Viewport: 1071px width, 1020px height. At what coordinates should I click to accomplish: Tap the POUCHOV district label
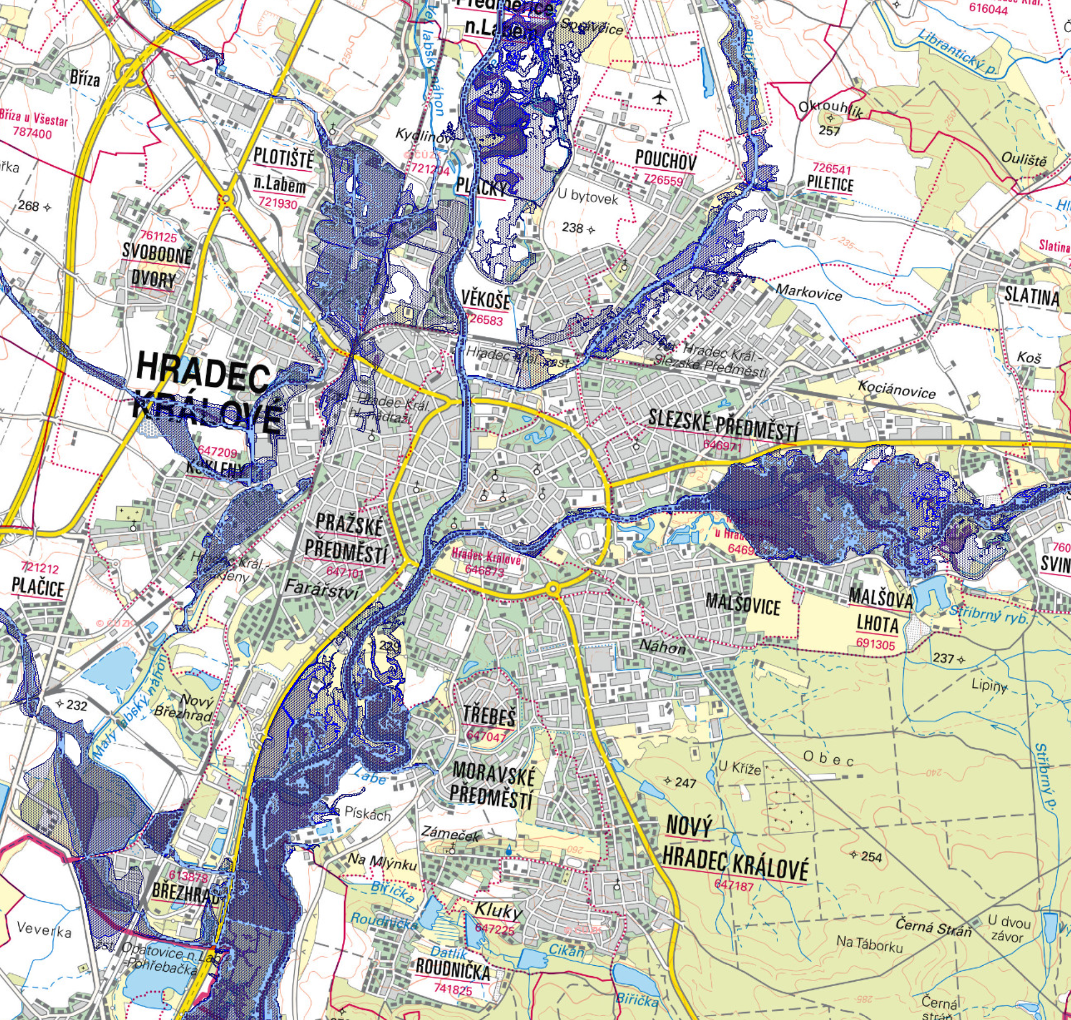[x=665, y=160]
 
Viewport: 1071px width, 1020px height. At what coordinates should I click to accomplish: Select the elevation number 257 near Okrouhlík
[x=829, y=131]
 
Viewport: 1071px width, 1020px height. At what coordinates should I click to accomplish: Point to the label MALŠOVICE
[x=742, y=604]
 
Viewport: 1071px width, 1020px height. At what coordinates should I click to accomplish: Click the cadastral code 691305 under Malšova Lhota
[x=875, y=644]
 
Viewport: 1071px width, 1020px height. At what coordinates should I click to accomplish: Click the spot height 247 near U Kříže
[x=685, y=783]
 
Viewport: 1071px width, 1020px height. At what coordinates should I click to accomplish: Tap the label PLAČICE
[x=38, y=588]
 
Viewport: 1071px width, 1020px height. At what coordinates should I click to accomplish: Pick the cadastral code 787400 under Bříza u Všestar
[x=32, y=134]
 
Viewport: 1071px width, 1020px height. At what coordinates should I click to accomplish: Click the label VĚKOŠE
[x=485, y=300]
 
